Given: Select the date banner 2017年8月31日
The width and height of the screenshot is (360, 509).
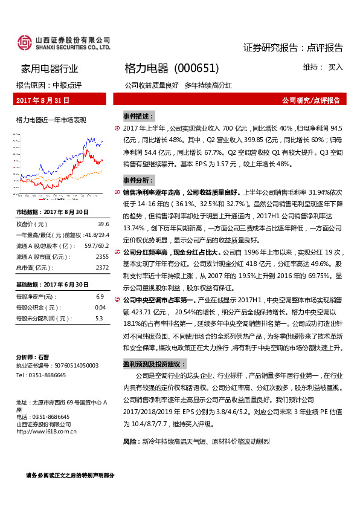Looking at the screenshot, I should pos(43,100).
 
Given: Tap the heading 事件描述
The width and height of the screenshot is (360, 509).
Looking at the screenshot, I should pos(138,115).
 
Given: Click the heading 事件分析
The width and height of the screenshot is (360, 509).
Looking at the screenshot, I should pos(138,180).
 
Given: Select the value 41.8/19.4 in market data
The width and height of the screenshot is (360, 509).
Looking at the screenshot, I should pos(96,235).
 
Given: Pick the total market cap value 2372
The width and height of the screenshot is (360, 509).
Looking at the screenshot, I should pos(102,267).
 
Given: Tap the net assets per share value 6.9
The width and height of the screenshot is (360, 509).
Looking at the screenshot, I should pos(100,296).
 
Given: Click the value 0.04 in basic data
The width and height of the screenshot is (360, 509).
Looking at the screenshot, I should pos(100,307).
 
